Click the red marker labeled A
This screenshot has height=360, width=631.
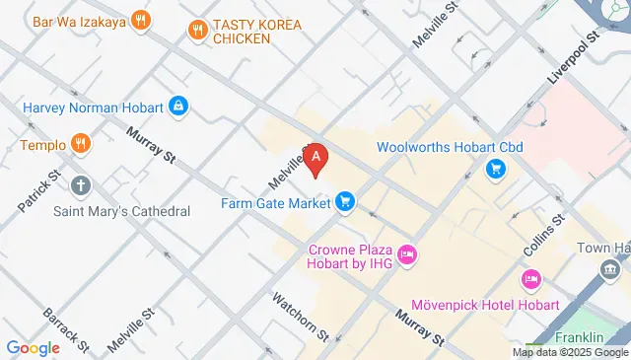click(x=315, y=159)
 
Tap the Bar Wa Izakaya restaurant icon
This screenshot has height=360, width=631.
click(x=143, y=19)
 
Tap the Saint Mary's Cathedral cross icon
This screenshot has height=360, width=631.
click(x=81, y=184)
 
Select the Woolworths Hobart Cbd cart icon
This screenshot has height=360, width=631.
click(x=495, y=170)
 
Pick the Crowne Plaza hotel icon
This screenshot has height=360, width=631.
click(x=408, y=255)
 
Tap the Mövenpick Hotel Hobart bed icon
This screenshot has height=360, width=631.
click(x=531, y=280)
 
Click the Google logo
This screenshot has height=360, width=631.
click(x=33, y=348)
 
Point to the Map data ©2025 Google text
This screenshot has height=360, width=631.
click(x=570, y=352)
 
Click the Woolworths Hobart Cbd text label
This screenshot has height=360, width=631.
click(x=449, y=148)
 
